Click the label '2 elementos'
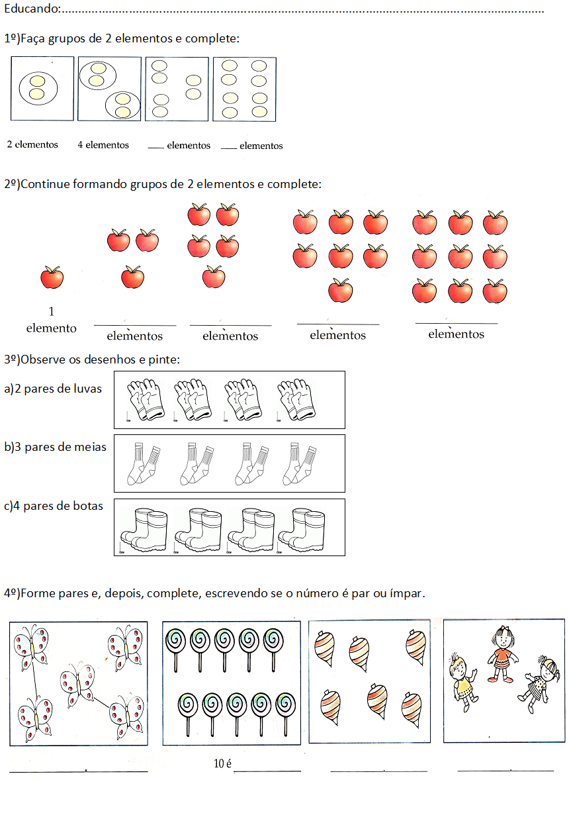[32, 144]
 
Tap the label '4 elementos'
[103, 144]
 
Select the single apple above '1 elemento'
[52, 277]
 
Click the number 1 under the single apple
[52, 311]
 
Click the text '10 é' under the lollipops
[222, 764]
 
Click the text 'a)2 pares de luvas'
[54, 389]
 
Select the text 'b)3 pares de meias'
[56, 447]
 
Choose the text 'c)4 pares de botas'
[54, 506]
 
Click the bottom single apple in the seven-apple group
[341, 289]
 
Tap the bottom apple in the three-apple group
[132, 276]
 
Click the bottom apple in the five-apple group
[214, 276]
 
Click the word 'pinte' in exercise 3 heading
[164, 360]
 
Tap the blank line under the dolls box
[505, 771]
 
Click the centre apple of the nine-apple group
[460, 256]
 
